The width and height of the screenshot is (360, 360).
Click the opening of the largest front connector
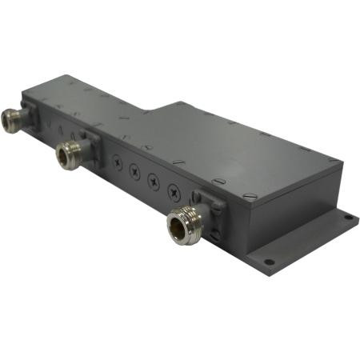click(179, 226)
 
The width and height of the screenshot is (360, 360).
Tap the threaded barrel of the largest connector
click(192, 218)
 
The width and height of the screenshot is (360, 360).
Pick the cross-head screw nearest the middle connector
click(118, 162)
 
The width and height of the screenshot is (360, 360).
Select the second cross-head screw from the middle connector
click(135, 171)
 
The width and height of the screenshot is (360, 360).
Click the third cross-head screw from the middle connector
click(154, 181)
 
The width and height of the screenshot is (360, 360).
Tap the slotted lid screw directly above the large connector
click(206, 181)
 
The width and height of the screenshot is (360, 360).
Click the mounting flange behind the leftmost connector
click(32, 116)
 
